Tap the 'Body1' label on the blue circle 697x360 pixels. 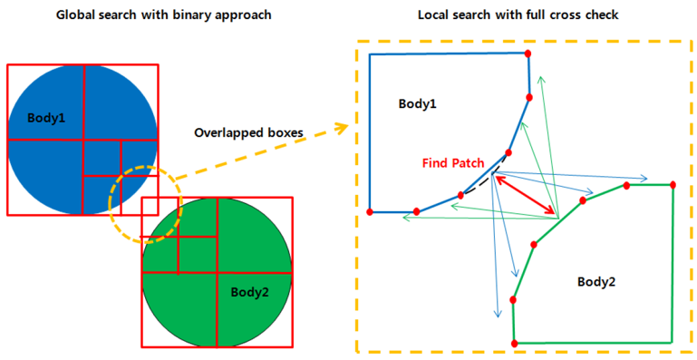pos(45,119)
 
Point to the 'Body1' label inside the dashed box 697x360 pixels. pos(418,103)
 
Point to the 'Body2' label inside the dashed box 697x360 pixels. pos(596,281)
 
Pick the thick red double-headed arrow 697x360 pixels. pos(524,193)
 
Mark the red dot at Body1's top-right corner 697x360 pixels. pos(528,54)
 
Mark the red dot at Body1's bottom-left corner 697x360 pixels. pos(370,211)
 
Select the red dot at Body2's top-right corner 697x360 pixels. pos(673,185)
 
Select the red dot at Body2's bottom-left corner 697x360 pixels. pos(515,343)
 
